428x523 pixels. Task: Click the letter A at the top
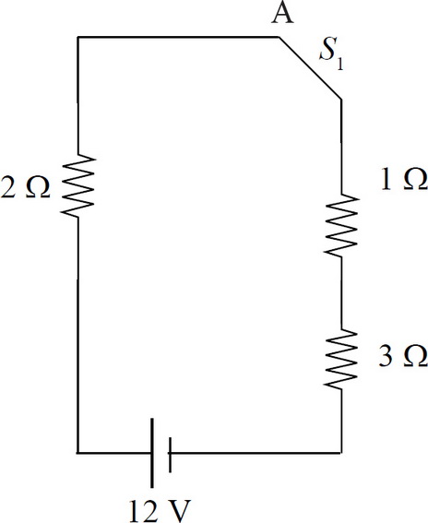[x=282, y=14]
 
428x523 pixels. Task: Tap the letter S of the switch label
[x=327, y=51]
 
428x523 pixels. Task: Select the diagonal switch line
[x=310, y=67]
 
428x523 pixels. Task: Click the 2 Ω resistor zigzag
[x=77, y=186]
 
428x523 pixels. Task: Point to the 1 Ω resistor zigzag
[x=341, y=225]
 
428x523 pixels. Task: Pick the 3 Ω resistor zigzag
[x=341, y=359]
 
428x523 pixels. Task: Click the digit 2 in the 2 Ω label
[x=8, y=187]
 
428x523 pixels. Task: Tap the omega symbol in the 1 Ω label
[x=416, y=180]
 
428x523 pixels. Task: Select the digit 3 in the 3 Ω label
[x=386, y=356]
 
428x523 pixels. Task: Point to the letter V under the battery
[x=177, y=511]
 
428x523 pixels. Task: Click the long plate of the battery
[x=152, y=453]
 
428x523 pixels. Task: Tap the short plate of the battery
[x=170, y=455]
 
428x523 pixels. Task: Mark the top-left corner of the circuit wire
[x=77, y=37]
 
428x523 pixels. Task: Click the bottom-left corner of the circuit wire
[x=77, y=453]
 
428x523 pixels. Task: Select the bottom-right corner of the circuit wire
[x=341, y=453]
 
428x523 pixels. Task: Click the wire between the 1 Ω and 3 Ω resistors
[x=341, y=292]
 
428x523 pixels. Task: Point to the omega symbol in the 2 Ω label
[x=38, y=187]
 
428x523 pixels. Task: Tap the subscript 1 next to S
[x=340, y=63]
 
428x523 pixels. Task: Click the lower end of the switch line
[x=341, y=99]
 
